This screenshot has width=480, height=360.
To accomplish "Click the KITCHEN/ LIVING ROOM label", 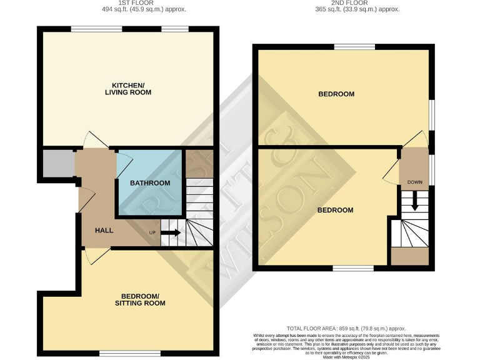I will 131,88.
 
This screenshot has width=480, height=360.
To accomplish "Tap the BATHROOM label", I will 150,183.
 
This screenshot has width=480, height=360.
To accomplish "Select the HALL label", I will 104,231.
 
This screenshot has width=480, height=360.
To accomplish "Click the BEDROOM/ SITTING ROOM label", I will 140,299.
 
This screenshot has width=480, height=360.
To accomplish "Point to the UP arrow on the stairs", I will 171,233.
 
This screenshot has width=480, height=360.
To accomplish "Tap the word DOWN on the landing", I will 414,182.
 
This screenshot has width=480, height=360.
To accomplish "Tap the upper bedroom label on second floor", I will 336,94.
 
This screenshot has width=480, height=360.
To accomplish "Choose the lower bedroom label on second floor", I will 335,210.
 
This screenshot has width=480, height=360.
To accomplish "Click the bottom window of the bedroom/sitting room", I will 127,354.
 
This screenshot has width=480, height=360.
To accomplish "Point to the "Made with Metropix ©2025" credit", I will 346,356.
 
